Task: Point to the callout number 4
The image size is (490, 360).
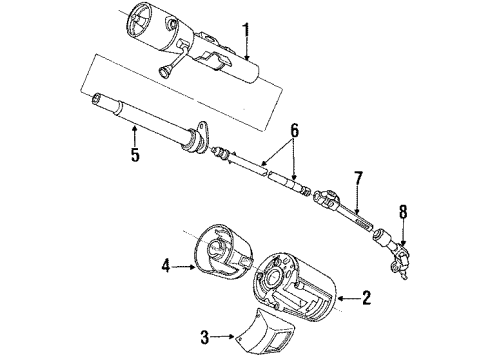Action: tap(167, 266)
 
